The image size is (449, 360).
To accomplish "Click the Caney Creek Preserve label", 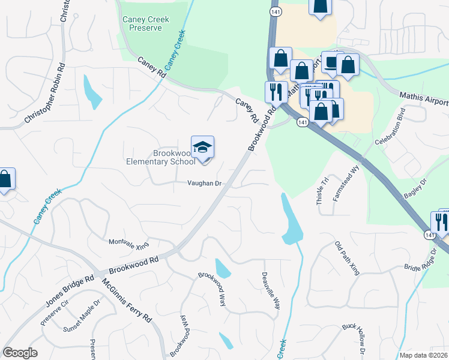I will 146,23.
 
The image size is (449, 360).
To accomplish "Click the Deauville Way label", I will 271,290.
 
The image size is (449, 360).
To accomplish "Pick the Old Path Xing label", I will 347,258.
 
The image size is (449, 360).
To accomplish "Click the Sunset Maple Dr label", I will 82,321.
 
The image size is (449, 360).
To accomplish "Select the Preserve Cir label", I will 55,315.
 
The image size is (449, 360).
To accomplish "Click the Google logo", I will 20,353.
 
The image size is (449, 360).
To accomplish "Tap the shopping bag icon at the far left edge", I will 5,179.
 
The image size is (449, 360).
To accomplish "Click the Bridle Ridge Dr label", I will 421,259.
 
